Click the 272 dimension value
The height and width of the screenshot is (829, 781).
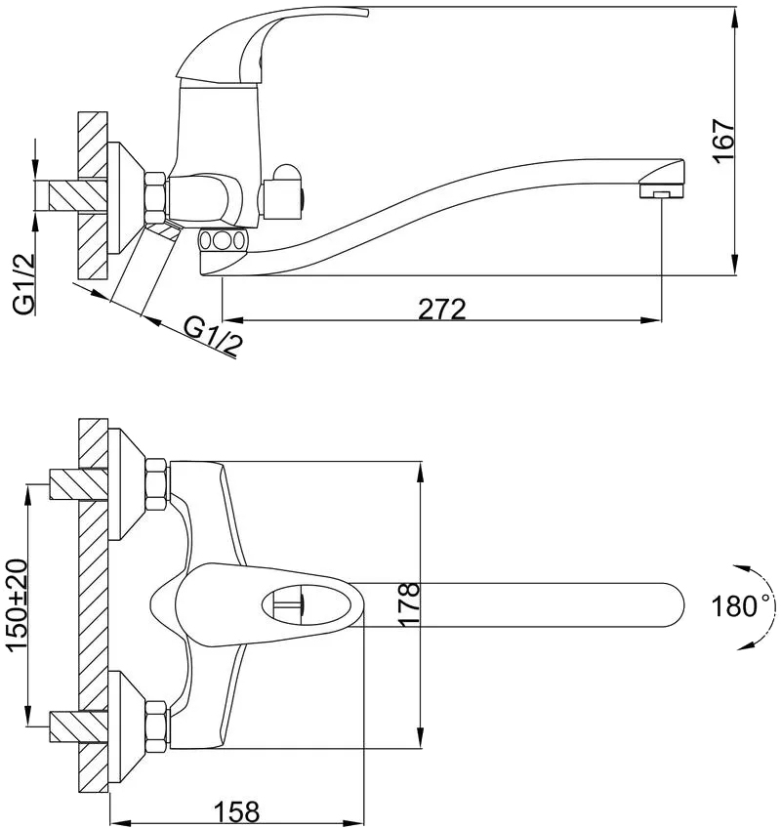coord(442,309)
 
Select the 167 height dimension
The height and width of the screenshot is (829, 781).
coord(723,142)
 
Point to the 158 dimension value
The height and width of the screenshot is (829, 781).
coord(236,810)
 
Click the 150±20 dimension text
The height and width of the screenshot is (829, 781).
coord(16,604)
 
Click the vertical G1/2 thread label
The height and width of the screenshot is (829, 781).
coord(24,284)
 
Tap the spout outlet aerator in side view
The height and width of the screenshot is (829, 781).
coord(661,189)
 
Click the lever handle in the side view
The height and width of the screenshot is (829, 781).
coord(265,48)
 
